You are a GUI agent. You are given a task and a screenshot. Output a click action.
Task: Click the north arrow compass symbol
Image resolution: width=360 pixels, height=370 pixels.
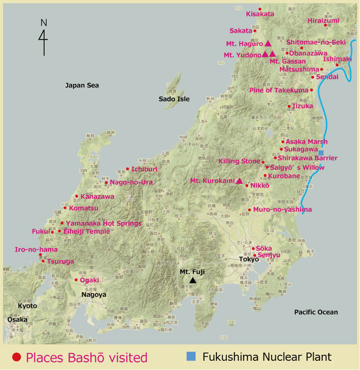(44, 37)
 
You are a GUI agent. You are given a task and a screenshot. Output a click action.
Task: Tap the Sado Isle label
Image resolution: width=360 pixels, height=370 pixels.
(174, 99)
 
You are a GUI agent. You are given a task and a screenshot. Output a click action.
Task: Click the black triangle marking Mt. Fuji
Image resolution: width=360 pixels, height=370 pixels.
(193, 280)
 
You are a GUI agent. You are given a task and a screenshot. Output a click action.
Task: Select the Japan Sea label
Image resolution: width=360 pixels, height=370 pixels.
(82, 85)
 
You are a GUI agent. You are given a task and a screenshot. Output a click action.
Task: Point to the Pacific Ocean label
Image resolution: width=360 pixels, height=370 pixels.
(316, 312)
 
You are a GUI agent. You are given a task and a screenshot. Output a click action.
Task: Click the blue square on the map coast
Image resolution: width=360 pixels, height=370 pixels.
(321, 153)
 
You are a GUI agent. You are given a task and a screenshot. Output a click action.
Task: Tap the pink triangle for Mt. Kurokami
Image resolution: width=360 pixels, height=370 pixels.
(239, 181)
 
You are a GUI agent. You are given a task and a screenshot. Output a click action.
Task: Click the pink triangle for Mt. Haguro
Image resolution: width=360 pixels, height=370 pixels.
(268, 44)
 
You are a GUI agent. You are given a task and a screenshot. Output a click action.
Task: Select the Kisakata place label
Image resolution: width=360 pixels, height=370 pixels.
(260, 14)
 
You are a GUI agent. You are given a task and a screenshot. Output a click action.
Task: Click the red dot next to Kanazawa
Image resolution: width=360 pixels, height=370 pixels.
(77, 197)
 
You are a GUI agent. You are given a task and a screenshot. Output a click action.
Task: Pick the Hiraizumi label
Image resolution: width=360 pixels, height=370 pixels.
(323, 21)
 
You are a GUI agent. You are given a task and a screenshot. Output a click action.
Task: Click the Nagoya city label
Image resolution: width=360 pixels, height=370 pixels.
(94, 295)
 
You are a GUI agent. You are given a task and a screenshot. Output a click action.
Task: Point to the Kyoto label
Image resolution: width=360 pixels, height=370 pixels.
(27, 306)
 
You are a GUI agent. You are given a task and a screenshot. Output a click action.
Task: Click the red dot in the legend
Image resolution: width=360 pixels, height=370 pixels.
(17, 357)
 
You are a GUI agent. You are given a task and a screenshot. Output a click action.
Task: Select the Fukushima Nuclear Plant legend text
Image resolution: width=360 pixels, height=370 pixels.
(267, 357)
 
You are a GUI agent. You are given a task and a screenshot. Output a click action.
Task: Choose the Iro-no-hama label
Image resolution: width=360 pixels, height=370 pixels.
(36, 249)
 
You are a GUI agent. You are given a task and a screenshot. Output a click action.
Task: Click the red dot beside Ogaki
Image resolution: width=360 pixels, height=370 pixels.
(76, 280)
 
